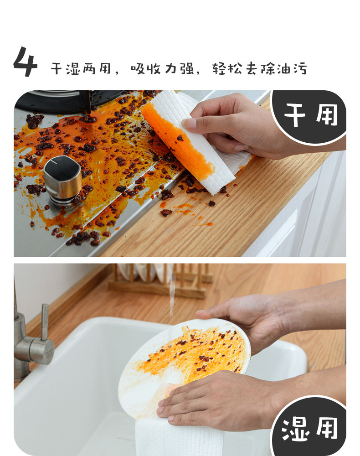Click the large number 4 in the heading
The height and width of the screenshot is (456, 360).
tap(25, 62)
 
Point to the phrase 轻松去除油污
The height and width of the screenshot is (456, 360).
tap(260, 68)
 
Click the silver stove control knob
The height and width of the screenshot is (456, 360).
tap(62, 179)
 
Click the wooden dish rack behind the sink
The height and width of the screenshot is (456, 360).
tap(159, 280)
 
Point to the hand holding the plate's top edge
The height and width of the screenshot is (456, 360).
tap(246, 317)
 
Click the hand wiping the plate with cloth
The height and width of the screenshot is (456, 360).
tap(210, 399)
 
